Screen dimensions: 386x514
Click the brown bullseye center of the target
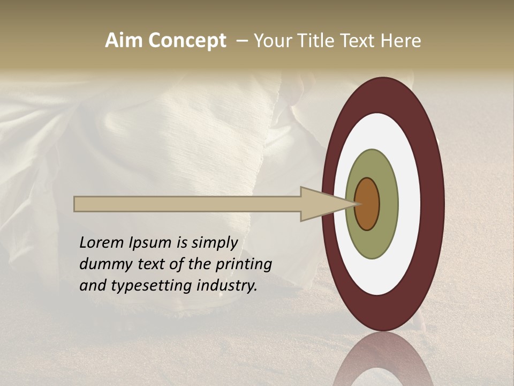368,204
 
